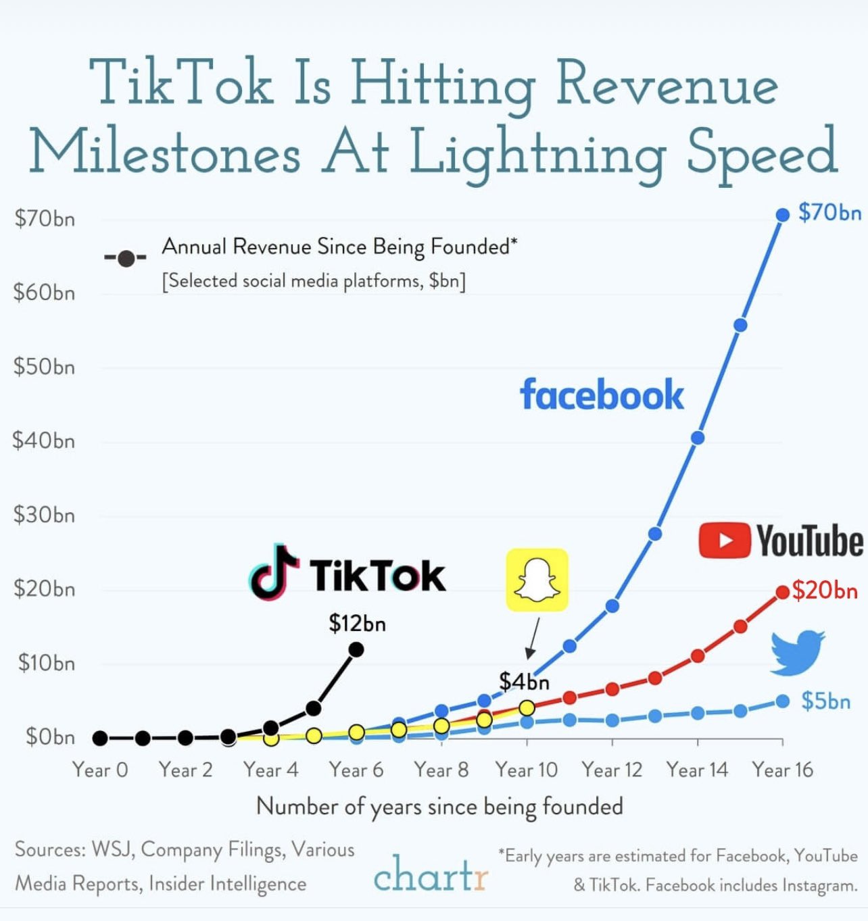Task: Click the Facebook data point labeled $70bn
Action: coord(782,215)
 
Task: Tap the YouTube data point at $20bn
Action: coord(782,592)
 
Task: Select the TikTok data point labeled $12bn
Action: coord(356,649)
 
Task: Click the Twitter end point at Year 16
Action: coord(782,701)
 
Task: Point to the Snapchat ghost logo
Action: coord(537,580)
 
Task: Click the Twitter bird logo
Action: coord(798,652)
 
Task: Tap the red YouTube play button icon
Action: coord(724,541)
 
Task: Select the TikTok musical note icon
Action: coord(274,573)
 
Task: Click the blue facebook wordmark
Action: coord(601,395)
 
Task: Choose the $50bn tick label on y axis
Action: coord(44,367)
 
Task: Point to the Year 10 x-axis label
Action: coord(526,770)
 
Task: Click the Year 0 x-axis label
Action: coord(100,770)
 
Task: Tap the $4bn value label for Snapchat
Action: coord(524,681)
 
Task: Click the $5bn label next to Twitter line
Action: coord(825,701)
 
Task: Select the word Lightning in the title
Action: coord(537,153)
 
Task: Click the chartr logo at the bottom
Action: coord(430,874)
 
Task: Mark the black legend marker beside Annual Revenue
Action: coord(126,258)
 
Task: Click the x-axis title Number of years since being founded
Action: coord(439,806)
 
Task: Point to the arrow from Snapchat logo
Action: coord(533,638)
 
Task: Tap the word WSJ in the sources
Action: coord(112,849)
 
